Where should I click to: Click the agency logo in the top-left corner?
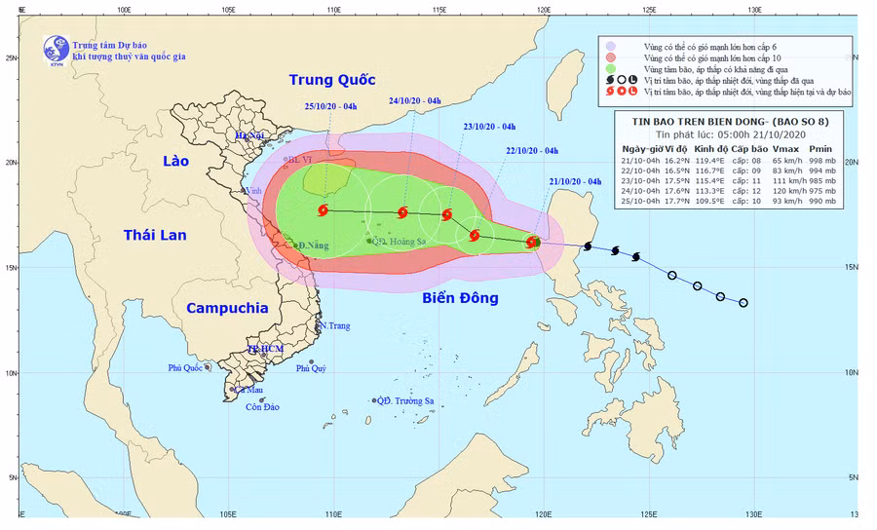pyautogui.click(x=57, y=49)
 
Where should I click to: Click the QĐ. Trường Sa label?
pyautogui.click(x=408, y=400)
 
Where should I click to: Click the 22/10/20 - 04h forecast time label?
pyautogui.click(x=532, y=150)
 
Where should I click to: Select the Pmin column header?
pyautogui.click(x=820, y=149)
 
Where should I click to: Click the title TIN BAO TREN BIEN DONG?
pyautogui.click(x=690, y=120)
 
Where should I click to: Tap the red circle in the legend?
pyautogui.click(x=611, y=57)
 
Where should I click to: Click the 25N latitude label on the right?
pyautogui.click(x=853, y=57)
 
